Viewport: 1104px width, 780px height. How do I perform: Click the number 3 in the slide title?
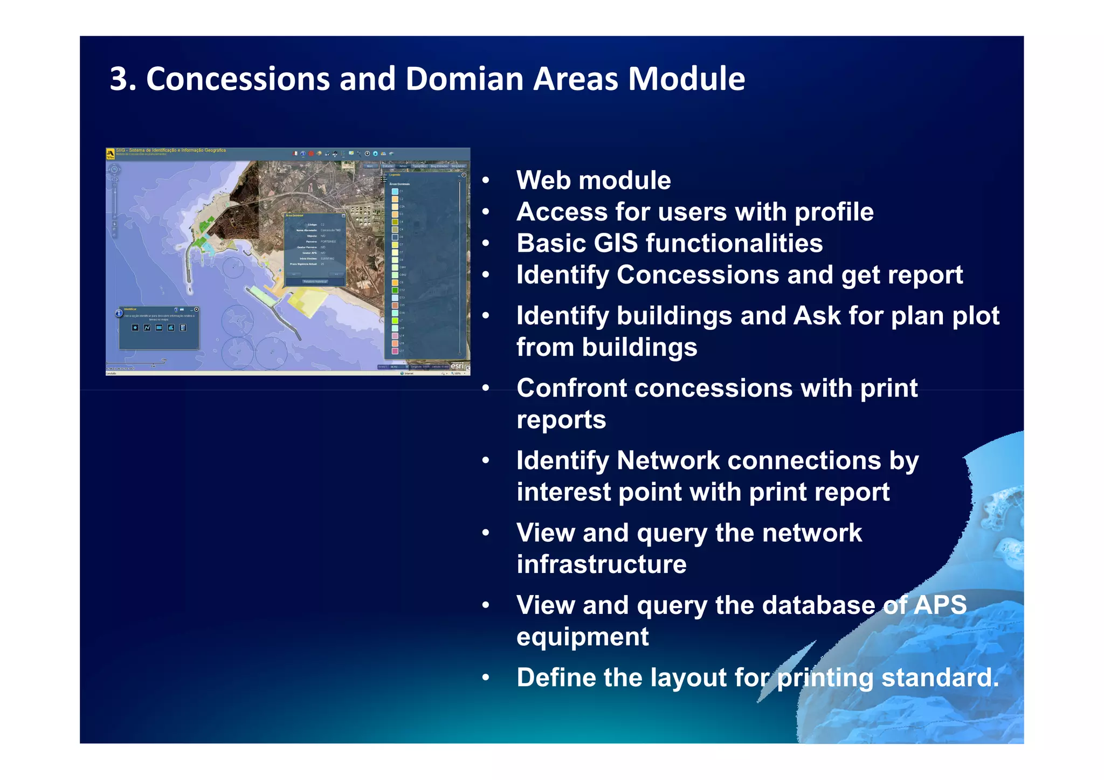point(119,79)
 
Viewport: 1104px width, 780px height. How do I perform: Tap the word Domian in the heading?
point(464,79)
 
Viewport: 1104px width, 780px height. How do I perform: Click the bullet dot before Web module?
point(486,181)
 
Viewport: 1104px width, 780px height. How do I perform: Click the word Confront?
point(568,388)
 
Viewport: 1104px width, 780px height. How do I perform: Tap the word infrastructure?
point(601,564)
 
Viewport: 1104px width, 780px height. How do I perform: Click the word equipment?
point(582,637)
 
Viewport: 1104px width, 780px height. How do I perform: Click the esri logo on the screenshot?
point(457,366)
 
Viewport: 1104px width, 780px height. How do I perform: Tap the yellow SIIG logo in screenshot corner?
point(111,154)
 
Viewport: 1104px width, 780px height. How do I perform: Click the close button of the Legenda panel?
point(464,175)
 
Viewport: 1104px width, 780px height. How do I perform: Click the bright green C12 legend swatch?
point(395,290)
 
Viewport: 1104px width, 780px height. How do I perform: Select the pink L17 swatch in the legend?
point(395,351)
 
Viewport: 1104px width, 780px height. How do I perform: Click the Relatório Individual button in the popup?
point(315,281)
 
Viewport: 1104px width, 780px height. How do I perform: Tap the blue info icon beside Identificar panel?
point(119,314)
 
